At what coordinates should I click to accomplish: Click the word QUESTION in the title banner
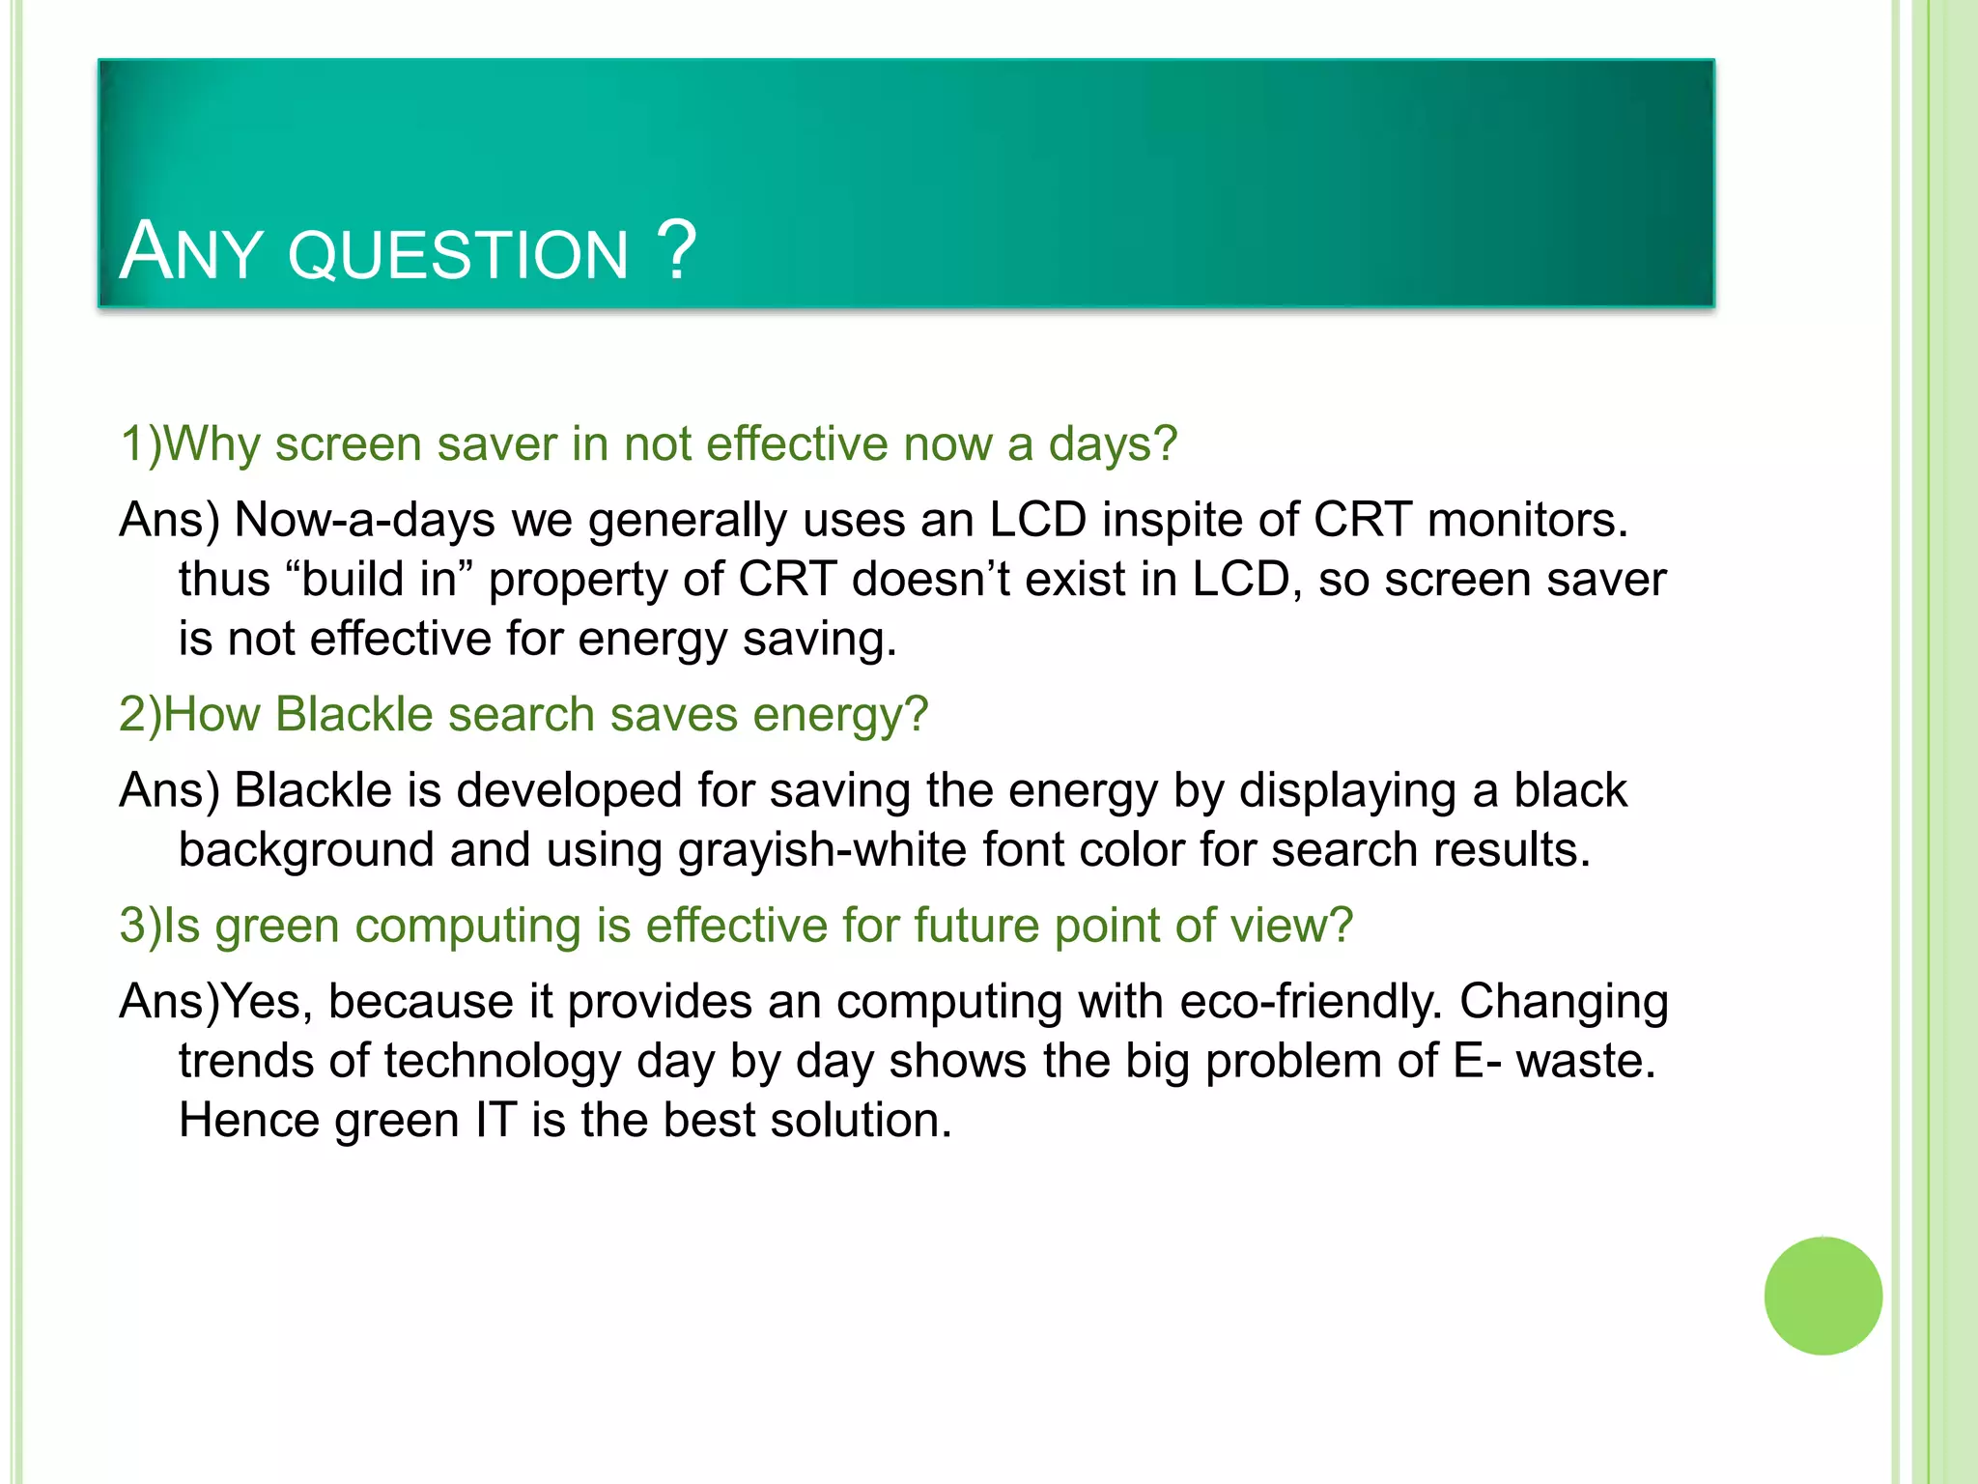coord(458,256)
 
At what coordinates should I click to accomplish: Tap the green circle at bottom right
coord(1823,1296)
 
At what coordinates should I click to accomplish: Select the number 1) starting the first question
coord(141,444)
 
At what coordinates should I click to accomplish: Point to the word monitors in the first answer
coord(1527,520)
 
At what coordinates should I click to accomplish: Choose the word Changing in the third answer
coord(1564,1003)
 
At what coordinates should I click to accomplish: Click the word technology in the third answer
coord(502,1061)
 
